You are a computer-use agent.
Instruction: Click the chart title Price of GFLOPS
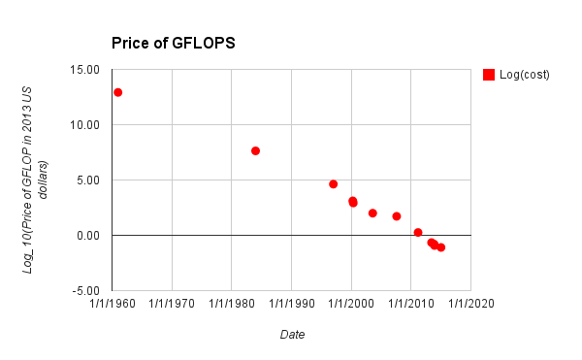173,44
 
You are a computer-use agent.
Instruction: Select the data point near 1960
117,92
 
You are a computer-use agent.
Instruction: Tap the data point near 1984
255,150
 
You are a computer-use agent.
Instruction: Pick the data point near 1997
333,184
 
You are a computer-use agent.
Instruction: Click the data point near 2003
372,213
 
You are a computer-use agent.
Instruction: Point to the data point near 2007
397,216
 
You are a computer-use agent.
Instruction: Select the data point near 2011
418,233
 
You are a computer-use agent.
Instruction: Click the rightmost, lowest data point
440,247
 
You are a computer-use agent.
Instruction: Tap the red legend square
489,75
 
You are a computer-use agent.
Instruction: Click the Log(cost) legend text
525,75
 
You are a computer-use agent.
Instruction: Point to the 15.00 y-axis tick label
84,70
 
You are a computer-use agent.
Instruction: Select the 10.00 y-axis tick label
84,125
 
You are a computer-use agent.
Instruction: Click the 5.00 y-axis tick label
87,180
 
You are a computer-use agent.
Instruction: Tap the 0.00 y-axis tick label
87,236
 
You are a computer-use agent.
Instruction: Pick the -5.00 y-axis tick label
85,291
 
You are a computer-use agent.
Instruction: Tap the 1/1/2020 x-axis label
469,303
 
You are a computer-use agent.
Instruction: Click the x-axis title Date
292,335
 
